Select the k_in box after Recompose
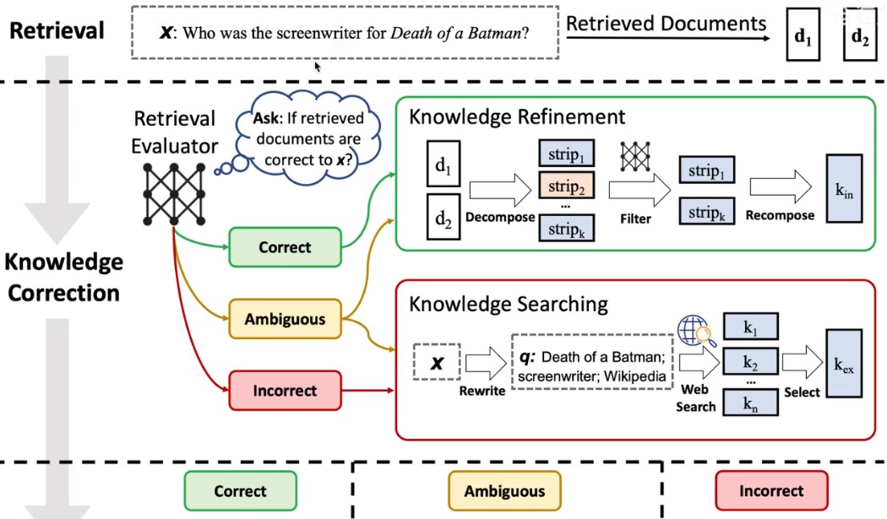point(844,188)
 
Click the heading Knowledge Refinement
point(517,116)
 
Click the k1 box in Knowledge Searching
point(750,326)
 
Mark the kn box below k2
point(750,404)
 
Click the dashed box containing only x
point(437,364)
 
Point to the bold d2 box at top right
point(859,39)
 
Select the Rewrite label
point(482,392)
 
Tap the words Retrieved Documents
point(667,23)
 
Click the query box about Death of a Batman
point(592,364)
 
